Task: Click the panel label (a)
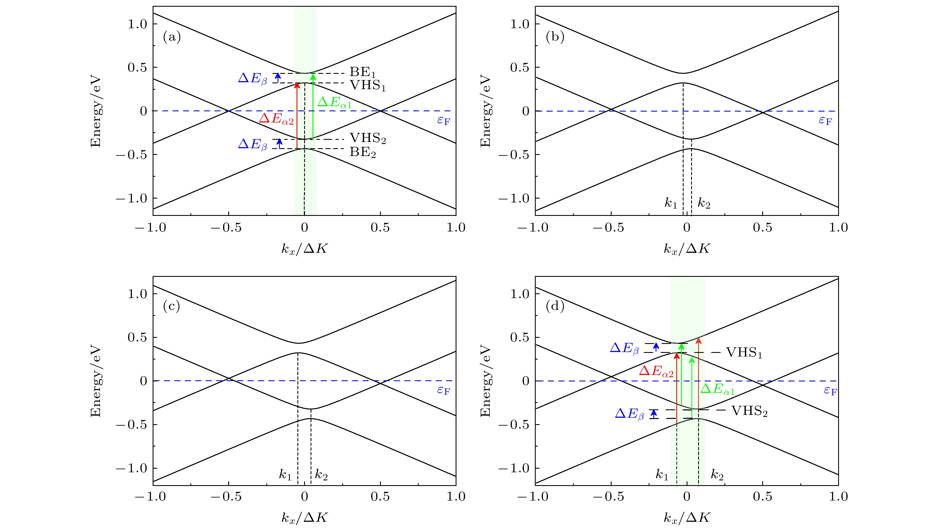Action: click(172, 37)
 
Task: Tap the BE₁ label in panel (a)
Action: click(362, 72)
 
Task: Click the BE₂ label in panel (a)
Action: click(362, 152)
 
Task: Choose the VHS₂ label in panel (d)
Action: click(749, 411)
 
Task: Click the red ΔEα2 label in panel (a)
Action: click(276, 119)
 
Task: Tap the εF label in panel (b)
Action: click(825, 120)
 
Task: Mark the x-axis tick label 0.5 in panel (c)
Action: click(380, 496)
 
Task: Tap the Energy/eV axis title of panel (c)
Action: click(96, 381)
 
